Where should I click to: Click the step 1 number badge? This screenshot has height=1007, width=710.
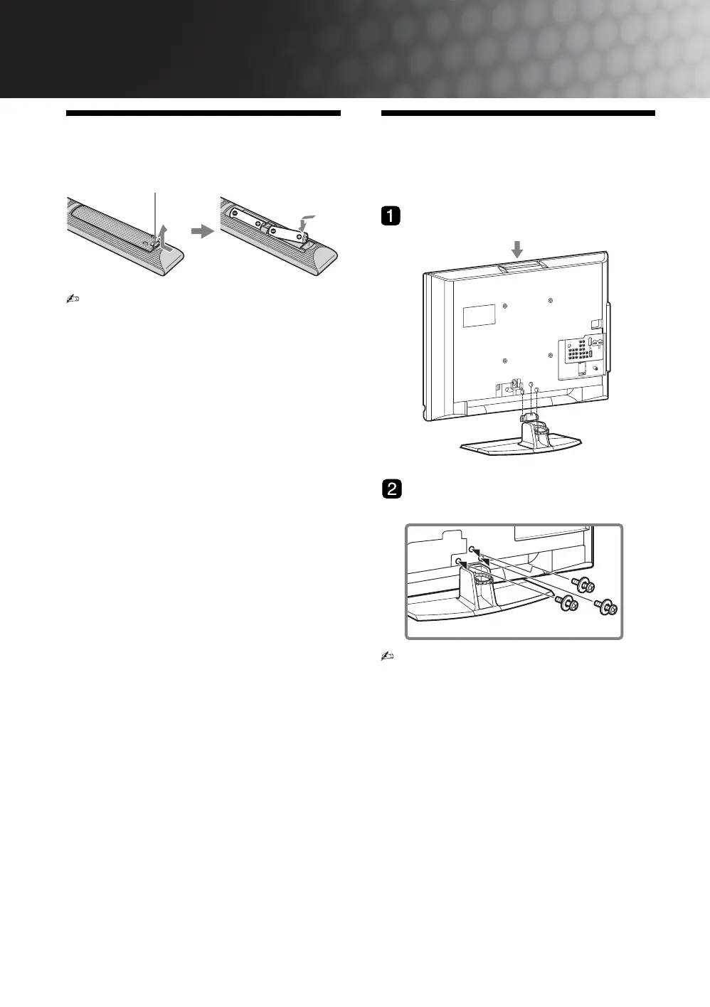[x=391, y=215]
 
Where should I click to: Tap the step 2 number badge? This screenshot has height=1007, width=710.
[x=391, y=489]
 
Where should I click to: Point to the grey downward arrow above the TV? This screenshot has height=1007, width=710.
[x=517, y=248]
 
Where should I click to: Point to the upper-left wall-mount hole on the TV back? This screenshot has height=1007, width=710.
[x=504, y=307]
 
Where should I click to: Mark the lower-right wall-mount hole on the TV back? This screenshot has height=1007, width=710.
[x=551, y=354]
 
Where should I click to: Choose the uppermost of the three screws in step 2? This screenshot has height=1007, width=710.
[x=586, y=585]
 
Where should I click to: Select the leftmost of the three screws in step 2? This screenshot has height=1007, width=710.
[x=567, y=604]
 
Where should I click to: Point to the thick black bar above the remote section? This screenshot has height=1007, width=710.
[x=203, y=114]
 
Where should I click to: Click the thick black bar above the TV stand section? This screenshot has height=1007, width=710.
[x=518, y=114]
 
